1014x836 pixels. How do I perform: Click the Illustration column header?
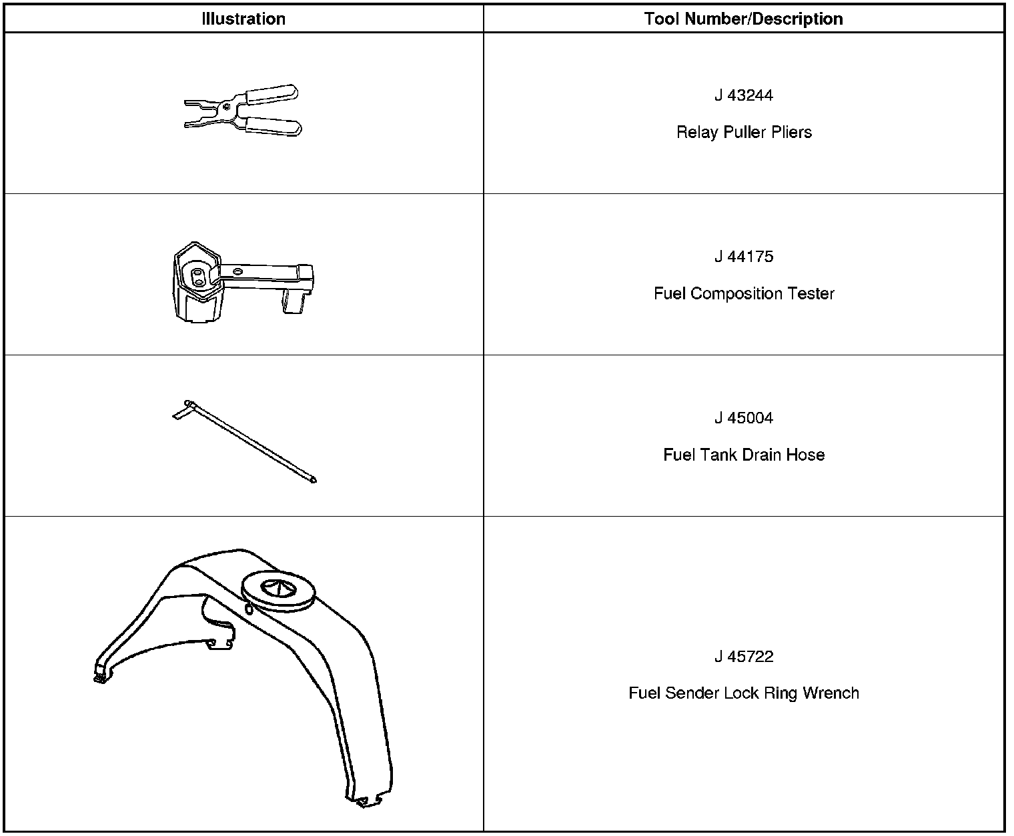[243, 19]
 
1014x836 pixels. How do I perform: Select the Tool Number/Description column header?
[743, 19]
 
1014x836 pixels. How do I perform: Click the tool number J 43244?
[743, 95]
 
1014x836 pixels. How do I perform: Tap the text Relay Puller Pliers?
[744, 132]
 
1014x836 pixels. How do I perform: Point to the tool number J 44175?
[743, 257]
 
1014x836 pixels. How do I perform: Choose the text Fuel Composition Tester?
[744, 293]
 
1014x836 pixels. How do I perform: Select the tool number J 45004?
[743, 418]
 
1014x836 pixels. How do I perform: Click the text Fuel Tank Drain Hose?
[744, 455]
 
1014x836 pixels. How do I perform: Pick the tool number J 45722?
[743, 657]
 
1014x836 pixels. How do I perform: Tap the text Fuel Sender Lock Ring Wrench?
[744, 693]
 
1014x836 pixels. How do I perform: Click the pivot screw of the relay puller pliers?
[227, 105]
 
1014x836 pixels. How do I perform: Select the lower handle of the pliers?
[272, 126]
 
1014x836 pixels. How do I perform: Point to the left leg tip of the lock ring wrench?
[99, 677]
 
